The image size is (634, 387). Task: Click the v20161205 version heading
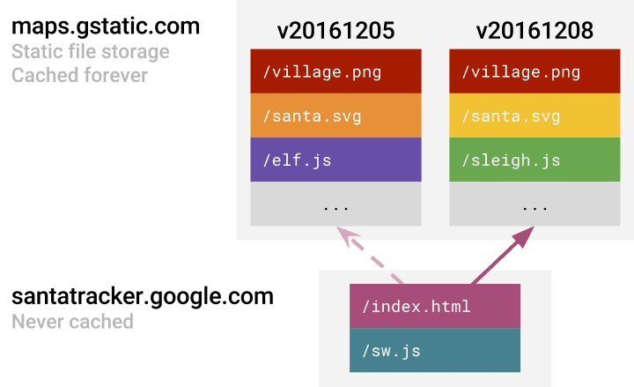(335, 32)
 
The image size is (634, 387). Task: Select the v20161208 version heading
(534, 32)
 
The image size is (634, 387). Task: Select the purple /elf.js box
(335, 160)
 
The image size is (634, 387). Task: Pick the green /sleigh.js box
(534, 160)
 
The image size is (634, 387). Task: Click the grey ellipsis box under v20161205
(335, 205)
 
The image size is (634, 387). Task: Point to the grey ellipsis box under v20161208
(534, 205)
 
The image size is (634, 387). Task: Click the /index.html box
(434, 307)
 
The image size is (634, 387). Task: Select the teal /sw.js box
(434, 351)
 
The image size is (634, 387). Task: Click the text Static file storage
(90, 51)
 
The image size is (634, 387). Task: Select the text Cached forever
(80, 75)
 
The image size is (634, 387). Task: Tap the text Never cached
(72, 321)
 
